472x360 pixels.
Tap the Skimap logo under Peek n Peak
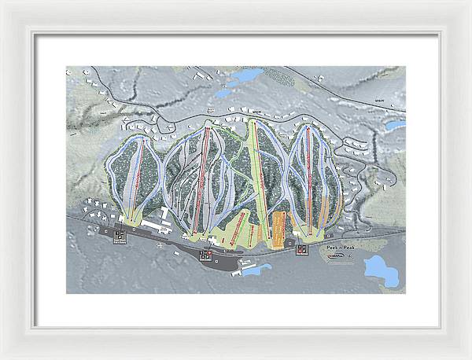337,255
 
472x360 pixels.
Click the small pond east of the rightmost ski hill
393,124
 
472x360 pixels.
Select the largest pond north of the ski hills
244,77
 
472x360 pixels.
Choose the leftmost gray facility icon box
120,236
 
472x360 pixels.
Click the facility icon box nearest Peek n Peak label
301,251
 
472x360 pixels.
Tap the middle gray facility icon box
206,255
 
